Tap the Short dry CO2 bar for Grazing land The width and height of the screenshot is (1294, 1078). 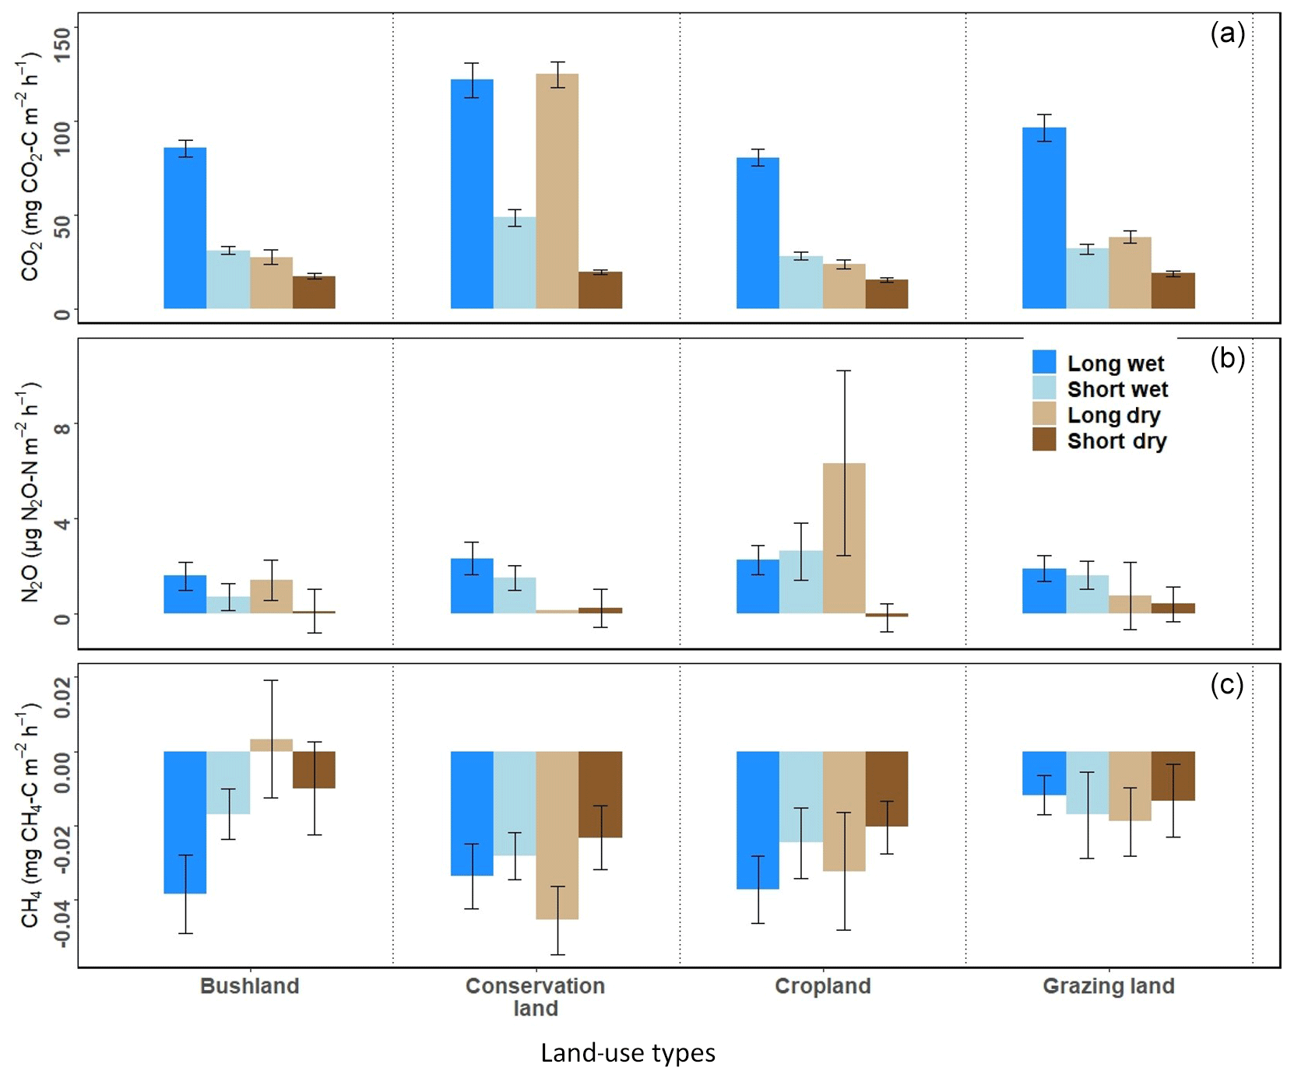tap(1173, 290)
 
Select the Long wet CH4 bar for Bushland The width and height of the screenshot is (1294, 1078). tap(185, 822)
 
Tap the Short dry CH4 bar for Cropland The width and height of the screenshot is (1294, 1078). tap(887, 788)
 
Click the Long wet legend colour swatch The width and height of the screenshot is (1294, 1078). tap(1044, 362)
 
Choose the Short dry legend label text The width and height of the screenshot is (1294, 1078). tap(1116, 441)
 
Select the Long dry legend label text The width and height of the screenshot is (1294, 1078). tap(1113, 416)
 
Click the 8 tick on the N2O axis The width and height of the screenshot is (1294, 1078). tap(61, 425)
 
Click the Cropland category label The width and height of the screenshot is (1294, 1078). tap(823, 986)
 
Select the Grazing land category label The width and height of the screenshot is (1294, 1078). tap(1109, 986)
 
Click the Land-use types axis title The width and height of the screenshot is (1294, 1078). tap(628, 1053)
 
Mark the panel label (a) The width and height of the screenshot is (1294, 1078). tap(1228, 33)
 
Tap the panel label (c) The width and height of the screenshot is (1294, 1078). tap(1227, 684)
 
